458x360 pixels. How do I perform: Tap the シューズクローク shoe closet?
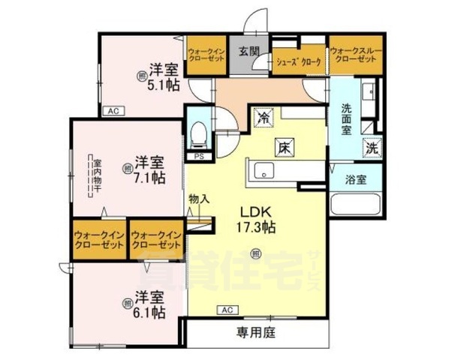point(299,62)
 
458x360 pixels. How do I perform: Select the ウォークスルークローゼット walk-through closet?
point(356,53)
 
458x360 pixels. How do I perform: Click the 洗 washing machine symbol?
point(371,148)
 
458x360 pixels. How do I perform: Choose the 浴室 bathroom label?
point(356,180)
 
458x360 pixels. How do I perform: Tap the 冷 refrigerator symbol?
point(264,117)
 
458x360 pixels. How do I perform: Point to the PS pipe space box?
point(199,157)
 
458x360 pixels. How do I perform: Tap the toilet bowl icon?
point(199,135)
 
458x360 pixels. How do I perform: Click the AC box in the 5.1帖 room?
point(113,111)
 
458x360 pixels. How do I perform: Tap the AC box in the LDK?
point(226,309)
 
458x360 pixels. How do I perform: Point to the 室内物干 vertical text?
point(97,174)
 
